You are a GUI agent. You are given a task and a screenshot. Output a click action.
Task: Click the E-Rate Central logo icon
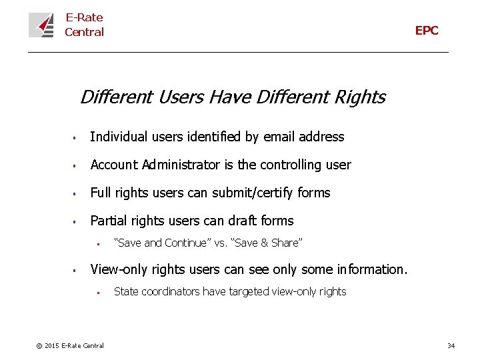click(41, 25)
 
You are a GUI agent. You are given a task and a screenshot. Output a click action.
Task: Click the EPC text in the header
click(427, 31)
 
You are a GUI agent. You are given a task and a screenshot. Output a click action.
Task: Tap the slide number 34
click(451, 345)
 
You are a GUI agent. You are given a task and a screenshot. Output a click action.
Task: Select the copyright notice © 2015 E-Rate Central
click(70, 345)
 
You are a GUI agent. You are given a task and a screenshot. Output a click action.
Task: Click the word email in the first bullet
click(279, 137)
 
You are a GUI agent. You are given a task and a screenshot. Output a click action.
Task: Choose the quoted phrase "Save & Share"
click(267, 243)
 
